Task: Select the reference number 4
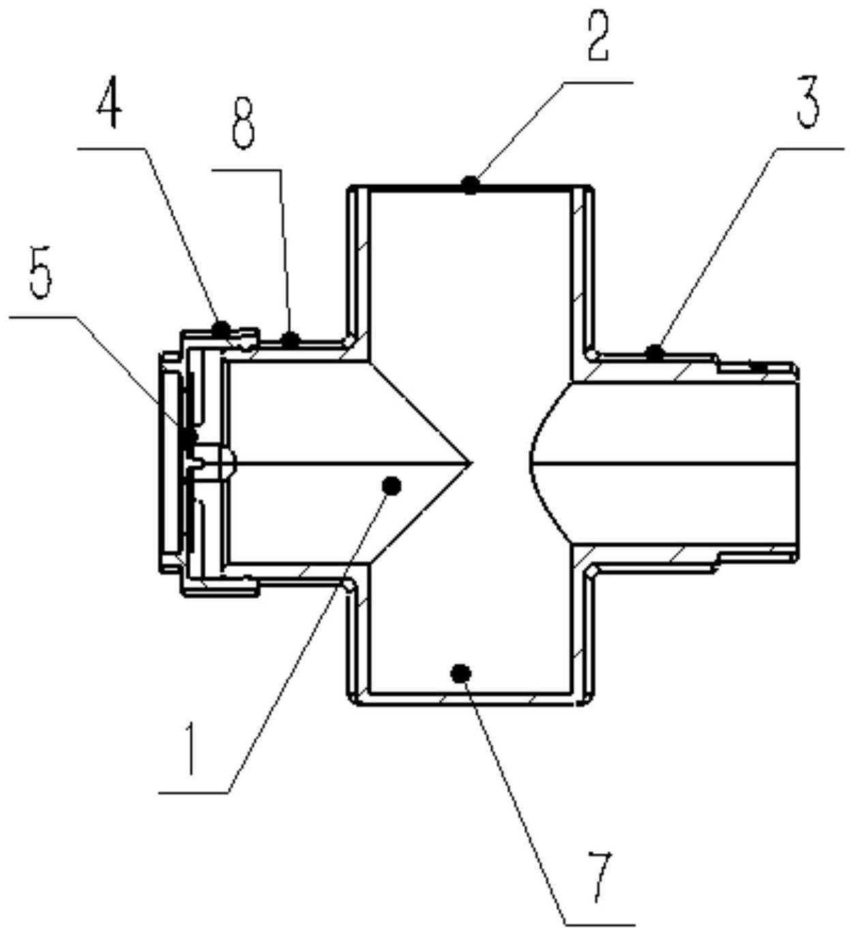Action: tap(110, 105)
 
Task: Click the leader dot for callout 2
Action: tap(470, 185)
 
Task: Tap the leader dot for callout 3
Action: tap(655, 353)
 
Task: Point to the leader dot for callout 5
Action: tap(189, 437)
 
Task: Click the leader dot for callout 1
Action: tap(391, 486)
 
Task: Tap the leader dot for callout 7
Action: tap(461, 673)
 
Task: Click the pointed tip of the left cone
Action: tap(472, 463)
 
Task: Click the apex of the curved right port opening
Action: tap(530, 463)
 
